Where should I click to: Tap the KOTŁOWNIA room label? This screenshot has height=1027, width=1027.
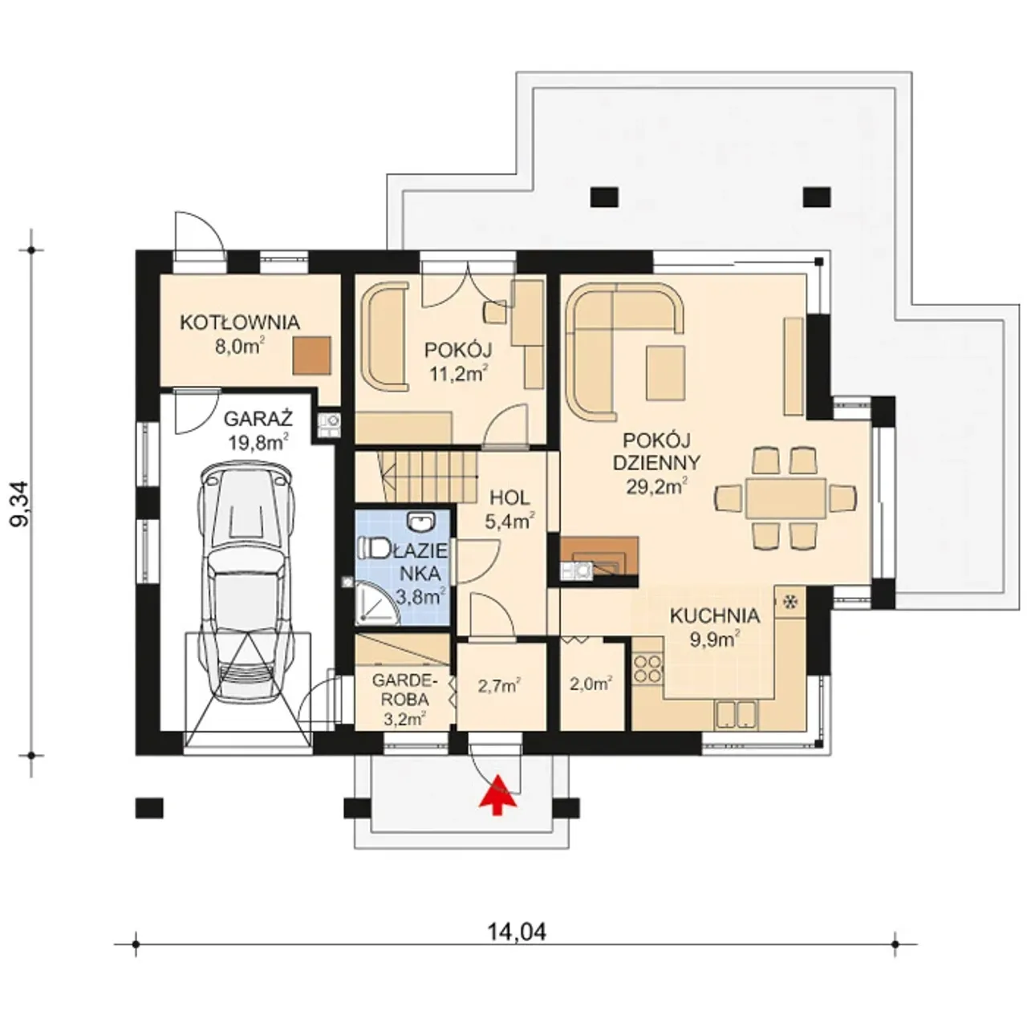(x=240, y=323)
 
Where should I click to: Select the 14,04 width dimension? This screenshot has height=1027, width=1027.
(x=517, y=932)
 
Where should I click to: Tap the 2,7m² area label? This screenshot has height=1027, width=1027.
(x=498, y=685)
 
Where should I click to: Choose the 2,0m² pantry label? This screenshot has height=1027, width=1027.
(x=590, y=684)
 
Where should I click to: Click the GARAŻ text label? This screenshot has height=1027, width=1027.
(x=258, y=419)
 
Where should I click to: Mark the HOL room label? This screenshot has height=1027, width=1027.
(x=509, y=498)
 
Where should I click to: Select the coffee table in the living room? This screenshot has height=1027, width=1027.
(x=666, y=372)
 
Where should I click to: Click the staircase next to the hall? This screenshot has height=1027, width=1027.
(x=416, y=477)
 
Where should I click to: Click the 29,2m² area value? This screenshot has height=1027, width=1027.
(x=656, y=485)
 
